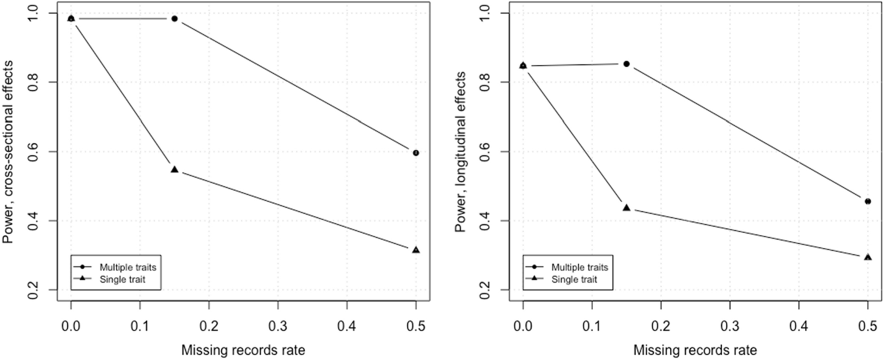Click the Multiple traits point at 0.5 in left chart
point(416,153)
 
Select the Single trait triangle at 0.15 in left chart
point(174,169)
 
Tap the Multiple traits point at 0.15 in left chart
point(174,19)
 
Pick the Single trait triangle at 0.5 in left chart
point(416,250)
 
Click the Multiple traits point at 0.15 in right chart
point(627,64)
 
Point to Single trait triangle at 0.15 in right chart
point(627,208)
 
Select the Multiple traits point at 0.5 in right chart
point(868,201)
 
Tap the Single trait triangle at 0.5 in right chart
point(868,257)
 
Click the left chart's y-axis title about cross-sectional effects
point(8,152)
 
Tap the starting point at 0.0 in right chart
point(523,66)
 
